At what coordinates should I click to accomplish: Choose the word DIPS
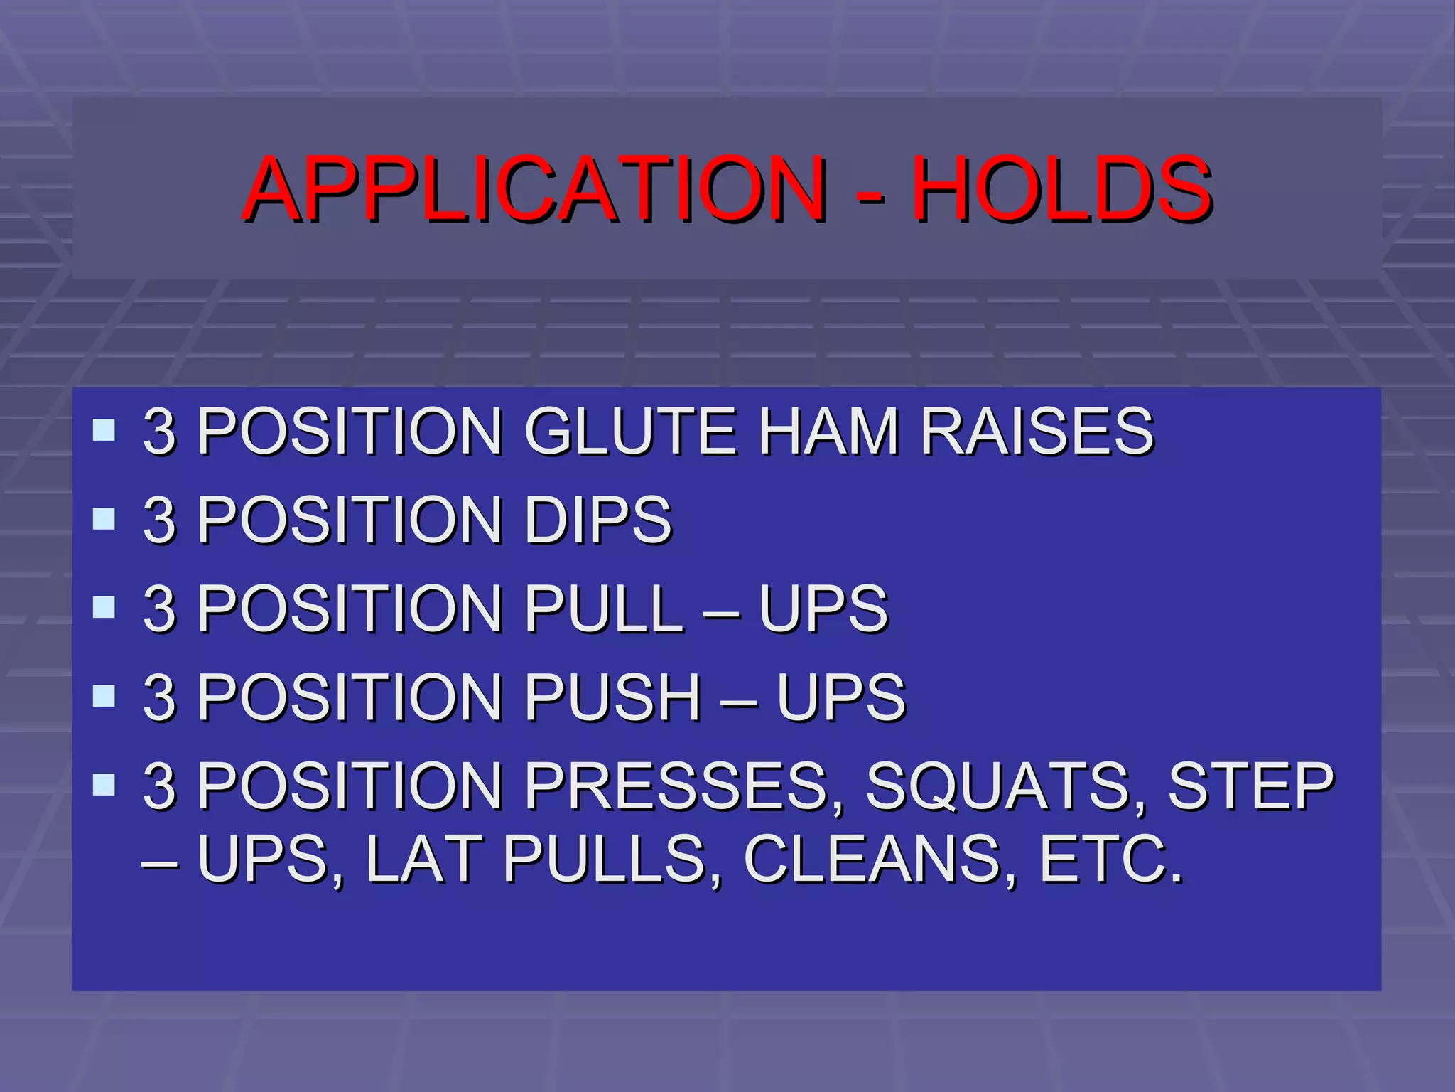point(597,520)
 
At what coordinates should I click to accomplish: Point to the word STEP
point(1251,786)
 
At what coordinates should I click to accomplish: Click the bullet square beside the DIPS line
point(104,518)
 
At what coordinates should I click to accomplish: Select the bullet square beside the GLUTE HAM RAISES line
point(104,429)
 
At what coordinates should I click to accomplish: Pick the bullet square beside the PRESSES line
point(104,784)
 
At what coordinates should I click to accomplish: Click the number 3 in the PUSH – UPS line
point(159,697)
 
